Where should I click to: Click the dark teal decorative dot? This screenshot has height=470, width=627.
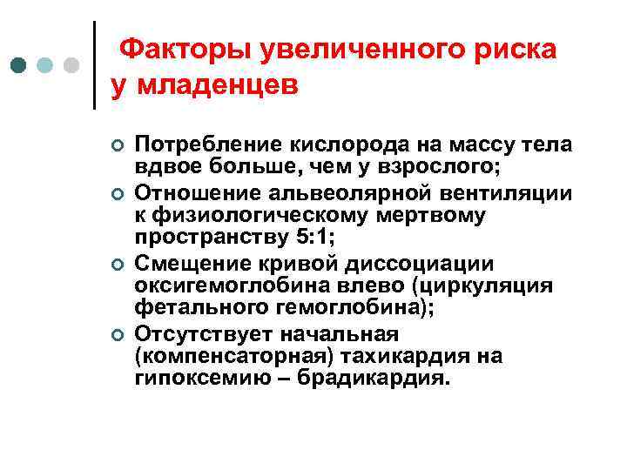coord(19,65)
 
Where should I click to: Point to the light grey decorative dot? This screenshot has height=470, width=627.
coord(72,65)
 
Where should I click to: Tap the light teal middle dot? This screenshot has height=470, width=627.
coord(45,65)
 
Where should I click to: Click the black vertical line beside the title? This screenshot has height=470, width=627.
coord(94,65)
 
